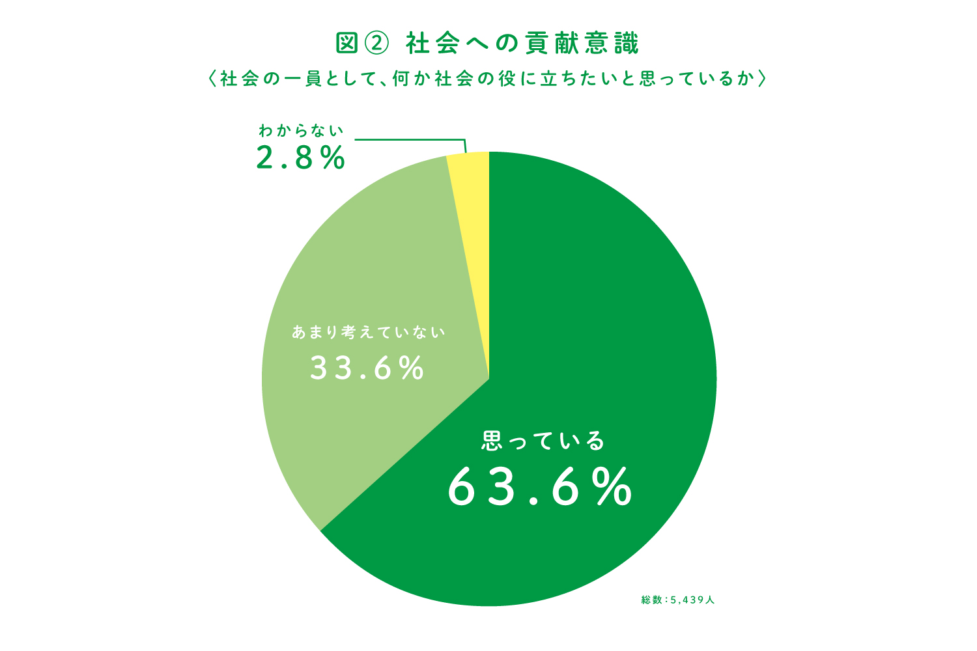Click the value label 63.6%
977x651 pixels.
tap(540, 487)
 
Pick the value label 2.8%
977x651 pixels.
tap(300, 158)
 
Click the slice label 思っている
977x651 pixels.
tap(543, 441)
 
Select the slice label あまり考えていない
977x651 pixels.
tap(368, 332)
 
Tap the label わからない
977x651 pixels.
tap(300, 131)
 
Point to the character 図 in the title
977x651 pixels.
tap(347, 43)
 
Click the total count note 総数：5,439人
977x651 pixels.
tap(677, 600)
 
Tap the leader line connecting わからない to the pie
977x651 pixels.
tap(410, 139)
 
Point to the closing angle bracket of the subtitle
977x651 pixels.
tap(763, 79)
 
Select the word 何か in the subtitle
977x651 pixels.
tap(410, 79)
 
